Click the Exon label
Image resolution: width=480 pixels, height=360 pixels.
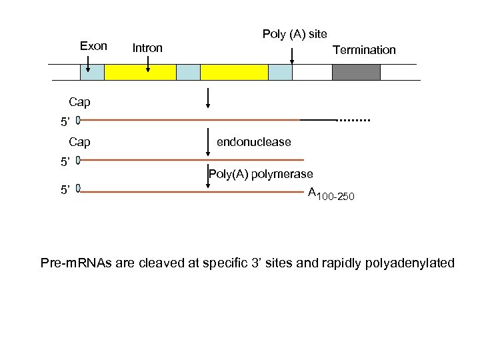pyautogui.click(x=93, y=46)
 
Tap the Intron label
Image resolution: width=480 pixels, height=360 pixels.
pyautogui.click(x=147, y=48)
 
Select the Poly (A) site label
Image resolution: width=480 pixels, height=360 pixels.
pyautogui.click(x=294, y=34)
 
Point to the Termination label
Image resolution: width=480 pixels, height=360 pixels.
pyautogui.click(x=364, y=50)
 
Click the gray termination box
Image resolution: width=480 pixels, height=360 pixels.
pyautogui.click(x=356, y=72)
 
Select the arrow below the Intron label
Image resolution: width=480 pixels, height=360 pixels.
pyautogui.click(x=148, y=63)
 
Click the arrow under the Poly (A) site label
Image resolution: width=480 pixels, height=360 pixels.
pyautogui.click(x=291, y=55)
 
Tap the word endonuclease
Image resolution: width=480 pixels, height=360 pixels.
pyautogui.click(x=254, y=142)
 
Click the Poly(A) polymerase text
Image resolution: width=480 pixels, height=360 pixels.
pyautogui.click(x=261, y=175)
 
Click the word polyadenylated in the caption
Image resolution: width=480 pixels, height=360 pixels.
pyautogui.click(x=397, y=263)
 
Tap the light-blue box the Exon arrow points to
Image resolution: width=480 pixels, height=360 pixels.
pyautogui.click(x=92, y=72)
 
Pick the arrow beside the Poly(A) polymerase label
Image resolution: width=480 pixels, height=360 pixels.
pyautogui.click(x=209, y=179)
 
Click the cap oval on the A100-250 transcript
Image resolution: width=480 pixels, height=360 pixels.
pyautogui.click(x=78, y=189)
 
